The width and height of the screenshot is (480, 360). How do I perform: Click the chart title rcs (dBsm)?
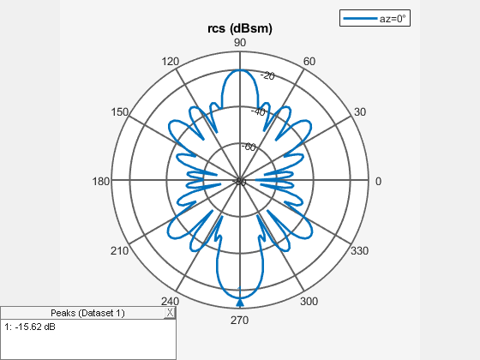[x=240, y=28]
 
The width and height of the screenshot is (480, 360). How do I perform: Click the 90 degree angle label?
[x=240, y=43]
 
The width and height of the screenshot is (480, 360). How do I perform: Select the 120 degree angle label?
[x=171, y=62]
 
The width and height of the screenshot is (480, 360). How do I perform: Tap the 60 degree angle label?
[x=309, y=62]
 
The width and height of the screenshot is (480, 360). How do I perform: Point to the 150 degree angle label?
[x=119, y=112]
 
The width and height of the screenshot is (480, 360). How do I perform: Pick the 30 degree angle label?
[x=360, y=112]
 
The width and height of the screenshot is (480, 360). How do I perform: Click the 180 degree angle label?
[x=101, y=182]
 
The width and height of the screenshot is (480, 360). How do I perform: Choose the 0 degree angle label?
[x=378, y=182]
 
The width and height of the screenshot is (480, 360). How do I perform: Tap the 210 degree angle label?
[x=119, y=251]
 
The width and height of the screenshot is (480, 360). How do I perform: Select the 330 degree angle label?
[x=360, y=251]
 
